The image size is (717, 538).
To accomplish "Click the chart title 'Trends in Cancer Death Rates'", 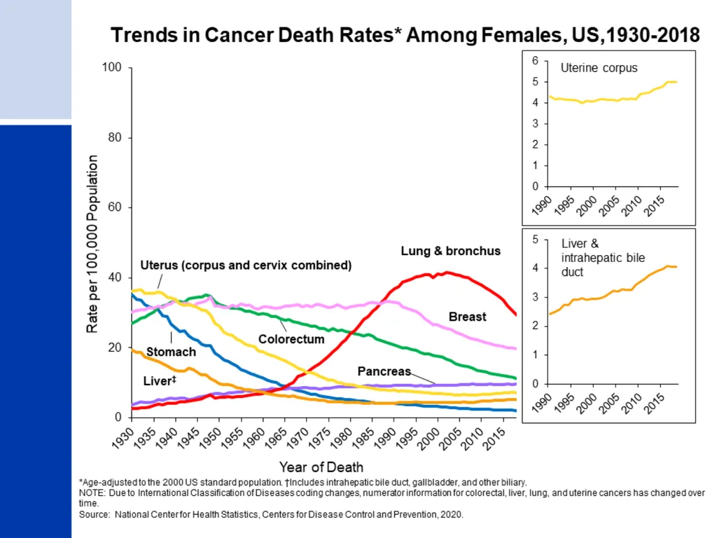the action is tap(252, 35).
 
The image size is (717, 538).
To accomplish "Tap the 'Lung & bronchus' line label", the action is tap(450, 251).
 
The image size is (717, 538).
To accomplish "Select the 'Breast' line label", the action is tap(467, 317).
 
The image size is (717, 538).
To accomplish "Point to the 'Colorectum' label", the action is tap(291, 339).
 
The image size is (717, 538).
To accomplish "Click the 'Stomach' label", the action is tap(171, 352).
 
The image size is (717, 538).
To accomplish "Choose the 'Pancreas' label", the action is tap(384, 371).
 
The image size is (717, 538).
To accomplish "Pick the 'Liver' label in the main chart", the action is tap(160, 380).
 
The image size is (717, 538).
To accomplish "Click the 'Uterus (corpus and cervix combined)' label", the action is tap(246, 265).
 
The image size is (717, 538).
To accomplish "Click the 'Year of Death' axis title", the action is tap(321, 467).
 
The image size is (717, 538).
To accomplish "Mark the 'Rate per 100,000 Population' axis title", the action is tap(92, 244).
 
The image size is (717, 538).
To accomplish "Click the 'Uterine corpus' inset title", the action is tap(599, 68).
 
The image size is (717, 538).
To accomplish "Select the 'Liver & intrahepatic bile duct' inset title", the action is tap(603, 258).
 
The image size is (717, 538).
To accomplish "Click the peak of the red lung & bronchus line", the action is tap(447, 273).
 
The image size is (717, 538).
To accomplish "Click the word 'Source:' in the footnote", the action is tap(95, 514).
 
